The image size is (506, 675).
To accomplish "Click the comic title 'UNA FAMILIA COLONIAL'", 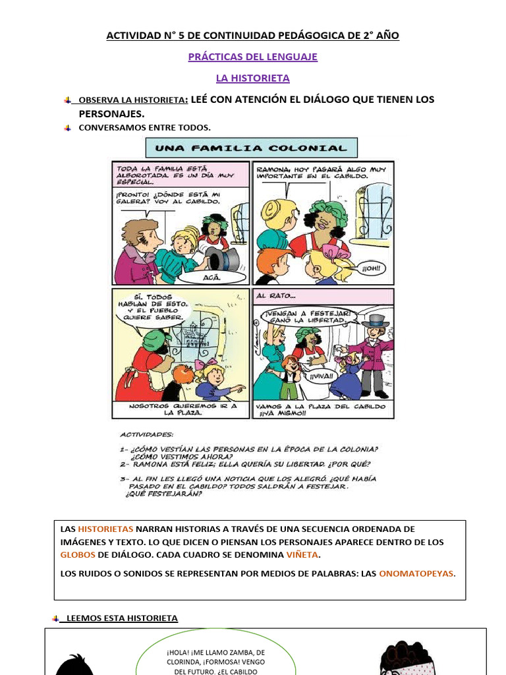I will (x=251, y=148).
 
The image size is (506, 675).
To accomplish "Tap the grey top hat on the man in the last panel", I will (x=376, y=321).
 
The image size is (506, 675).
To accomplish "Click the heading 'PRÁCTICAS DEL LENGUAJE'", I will (x=253, y=57).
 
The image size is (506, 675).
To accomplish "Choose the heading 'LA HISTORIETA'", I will (x=253, y=78).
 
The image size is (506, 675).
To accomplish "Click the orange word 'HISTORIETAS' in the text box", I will (x=105, y=529).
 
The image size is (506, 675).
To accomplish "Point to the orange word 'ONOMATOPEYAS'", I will (x=416, y=573).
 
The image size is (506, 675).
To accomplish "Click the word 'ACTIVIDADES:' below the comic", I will (x=147, y=435).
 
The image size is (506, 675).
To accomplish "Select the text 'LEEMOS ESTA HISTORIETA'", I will (x=122, y=618).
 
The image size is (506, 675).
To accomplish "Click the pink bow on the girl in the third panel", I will (x=211, y=363).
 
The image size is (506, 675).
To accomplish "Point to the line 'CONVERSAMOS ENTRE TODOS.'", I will (x=145, y=127).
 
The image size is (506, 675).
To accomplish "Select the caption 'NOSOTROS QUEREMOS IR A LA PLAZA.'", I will (x=181, y=409).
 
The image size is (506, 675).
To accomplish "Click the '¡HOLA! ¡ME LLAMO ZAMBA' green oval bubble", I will (x=215, y=657).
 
